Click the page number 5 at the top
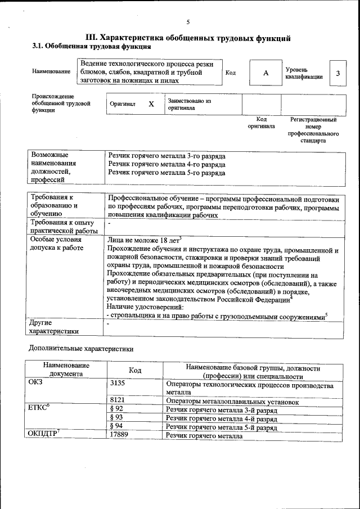click(188, 22)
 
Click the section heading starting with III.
click(188, 38)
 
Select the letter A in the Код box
click(265, 74)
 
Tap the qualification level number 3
click(337, 74)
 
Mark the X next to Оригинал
click(151, 104)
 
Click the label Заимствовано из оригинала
click(188, 104)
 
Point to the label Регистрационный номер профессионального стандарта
click(313, 130)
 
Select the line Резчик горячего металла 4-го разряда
click(166, 165)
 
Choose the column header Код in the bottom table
click(135, 371)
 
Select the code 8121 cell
click(118, 401)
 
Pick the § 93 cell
click(116, 418)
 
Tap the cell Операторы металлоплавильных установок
click(232, 402)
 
